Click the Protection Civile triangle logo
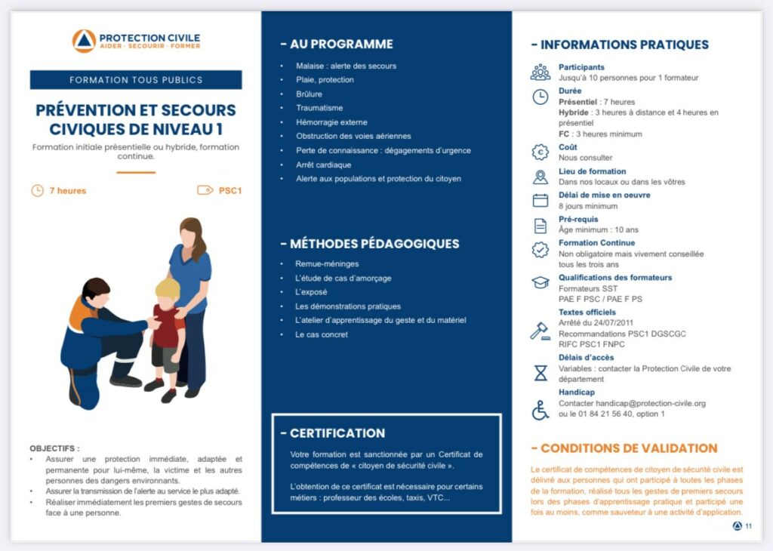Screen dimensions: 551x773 pyautogui.click(x=84, y=41)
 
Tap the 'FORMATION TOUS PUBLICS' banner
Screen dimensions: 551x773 pyautogui.click(x=136, y=80)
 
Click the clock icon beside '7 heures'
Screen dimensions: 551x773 pyautogui.click(x=37, y=190)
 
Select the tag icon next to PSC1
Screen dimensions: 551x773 pyautogui.click(x=205, y=190)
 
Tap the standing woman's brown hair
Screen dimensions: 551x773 pyautogui.click(x=193, y=233)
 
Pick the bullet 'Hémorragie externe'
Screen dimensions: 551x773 pyautogui.click(x=331, y=122)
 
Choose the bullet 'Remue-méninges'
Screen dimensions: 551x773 pyautogui.click(x=327, y=264)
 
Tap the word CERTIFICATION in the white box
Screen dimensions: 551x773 pyautogui.click(x=337, y=433)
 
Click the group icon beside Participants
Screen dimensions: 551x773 pyautogui.click(x=540, y=72)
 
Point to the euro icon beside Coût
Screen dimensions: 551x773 pyautogui.click(x=540, y=152)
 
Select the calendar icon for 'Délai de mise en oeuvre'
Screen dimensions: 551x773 pyautogui.click(x=540, y=200)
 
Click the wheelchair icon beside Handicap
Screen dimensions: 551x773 pyautogui.click(x=540, y=410)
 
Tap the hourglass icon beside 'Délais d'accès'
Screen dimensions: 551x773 pyautogui.click(x=540, y=373)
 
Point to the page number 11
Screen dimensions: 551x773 pyautogui.click(x=748, y=526)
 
